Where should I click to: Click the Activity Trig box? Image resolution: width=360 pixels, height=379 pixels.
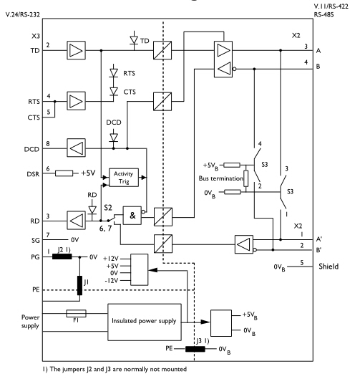click(x=124, y=178)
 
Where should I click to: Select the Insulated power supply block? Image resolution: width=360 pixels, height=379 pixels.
click(x=145, y=322)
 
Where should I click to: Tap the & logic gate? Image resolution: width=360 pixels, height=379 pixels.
click(x=132, y=216)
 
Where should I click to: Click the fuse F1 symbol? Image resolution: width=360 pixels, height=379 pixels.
click(x=76, y=314)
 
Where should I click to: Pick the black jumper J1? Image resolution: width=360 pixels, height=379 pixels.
click(x=79, y=285)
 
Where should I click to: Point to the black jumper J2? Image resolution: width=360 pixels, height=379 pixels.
click(x=62, y=256)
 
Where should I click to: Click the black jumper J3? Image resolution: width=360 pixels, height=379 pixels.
click(x=195, y=349)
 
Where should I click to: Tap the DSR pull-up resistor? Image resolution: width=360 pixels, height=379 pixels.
click(x=64, y=173)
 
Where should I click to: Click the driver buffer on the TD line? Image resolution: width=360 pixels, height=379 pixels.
click(x=76, y=50)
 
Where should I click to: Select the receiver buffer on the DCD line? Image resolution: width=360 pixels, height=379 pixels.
click(x=76, y=148)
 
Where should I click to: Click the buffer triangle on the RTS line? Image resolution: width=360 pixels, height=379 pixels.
click(x=76, y=101)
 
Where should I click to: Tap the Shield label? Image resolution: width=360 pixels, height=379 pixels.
click(x=329, y=267)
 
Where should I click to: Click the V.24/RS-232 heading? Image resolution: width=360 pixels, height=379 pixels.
click(x=23, y=14)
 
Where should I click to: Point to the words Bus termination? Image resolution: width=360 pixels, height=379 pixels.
click(x=221, y=178)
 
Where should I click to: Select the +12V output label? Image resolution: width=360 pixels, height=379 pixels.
click(x=111, y=259)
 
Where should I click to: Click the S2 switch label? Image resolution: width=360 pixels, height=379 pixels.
click(x=108, y=208)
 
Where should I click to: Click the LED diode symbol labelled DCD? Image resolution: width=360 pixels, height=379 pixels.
click(x=114, y=138)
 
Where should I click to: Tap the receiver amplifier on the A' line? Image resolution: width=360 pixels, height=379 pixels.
click(x=244, y=244)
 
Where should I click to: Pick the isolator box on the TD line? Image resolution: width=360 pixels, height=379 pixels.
click(x=162, y=50)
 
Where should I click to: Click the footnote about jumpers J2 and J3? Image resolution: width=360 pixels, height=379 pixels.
click(x=115, y=369)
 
